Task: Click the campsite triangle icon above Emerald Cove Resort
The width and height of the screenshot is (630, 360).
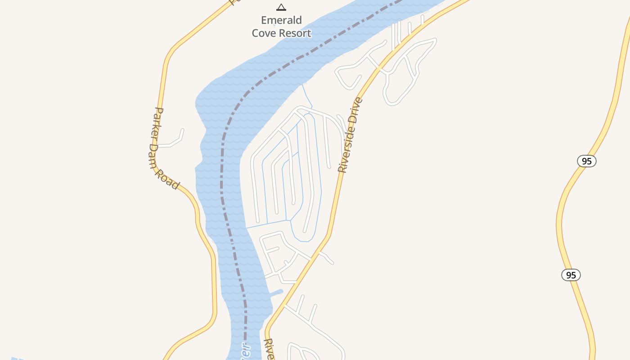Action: [x=281, y=7]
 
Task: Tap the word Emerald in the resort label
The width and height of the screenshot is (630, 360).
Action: [x=281, y=20]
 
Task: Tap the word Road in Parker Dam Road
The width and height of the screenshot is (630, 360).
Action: [x=169, y=179]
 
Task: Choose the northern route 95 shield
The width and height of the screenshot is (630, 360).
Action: [x=587, y=161]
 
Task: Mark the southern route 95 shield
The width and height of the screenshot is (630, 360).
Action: [x=571, y=275]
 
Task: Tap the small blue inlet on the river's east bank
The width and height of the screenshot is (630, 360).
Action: [x=275, y=293]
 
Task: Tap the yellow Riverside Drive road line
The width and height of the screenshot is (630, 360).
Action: [x=333, y=216]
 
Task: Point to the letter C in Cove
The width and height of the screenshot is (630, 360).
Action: [x=255, y=33]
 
